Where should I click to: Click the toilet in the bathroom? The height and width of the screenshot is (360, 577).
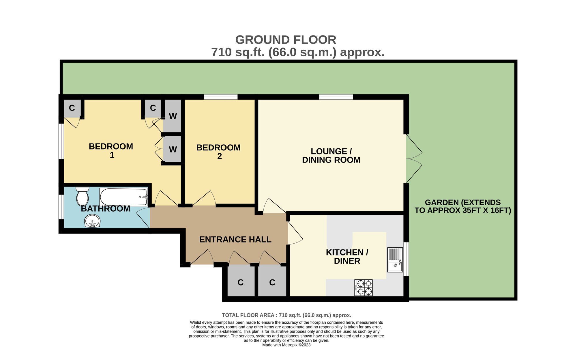pyautogui.click(x=83, y=196)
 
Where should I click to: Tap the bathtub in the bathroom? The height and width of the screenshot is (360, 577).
pyautogui.click(x=124, y=197)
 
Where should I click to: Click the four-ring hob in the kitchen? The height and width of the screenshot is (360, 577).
pyautogui.click(x=364, y=288)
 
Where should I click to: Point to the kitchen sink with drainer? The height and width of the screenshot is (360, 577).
pyautogui.click(x=395, y=260)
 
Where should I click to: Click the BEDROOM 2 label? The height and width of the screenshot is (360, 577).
pyautogui.click(x=218, y=152)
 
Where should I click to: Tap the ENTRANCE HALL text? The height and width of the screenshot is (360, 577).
pyautogui.click(x=235, y=239)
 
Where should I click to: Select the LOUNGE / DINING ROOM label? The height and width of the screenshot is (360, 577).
pyautogui.click(x=331, y=156)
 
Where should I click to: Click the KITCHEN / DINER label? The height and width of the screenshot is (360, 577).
pyautogui.click(x=347, y=257)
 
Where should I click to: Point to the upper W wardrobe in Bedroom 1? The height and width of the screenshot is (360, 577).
pyautogui.click(x=173, y=116)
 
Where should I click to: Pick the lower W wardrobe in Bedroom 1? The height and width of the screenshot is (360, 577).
pyautogui.click(x=173, y=149)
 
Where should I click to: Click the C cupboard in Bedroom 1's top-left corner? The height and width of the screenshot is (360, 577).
pyautogui.click(x=72, y=108)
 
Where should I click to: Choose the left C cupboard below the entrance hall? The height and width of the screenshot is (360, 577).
pyautogui.click(x=241, y=282)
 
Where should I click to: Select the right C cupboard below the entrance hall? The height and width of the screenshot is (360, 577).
pyautogui.click(x=272, y=282)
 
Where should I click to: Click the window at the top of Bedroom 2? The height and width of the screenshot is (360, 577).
pyautogui.click(x=221, y=97)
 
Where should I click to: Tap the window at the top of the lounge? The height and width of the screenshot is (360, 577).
pyautogui.click(x=336, y=97)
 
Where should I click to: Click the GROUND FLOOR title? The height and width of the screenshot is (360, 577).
pyautogui.click(x=286, y=40)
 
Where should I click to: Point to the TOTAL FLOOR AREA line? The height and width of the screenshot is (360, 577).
pyautogui.click(x=286, y=315)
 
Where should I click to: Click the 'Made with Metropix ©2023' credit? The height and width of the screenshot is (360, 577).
pyautogui.click(x=286, y=345)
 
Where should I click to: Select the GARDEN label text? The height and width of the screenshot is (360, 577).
pyautogui.click(x=463, y=206)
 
